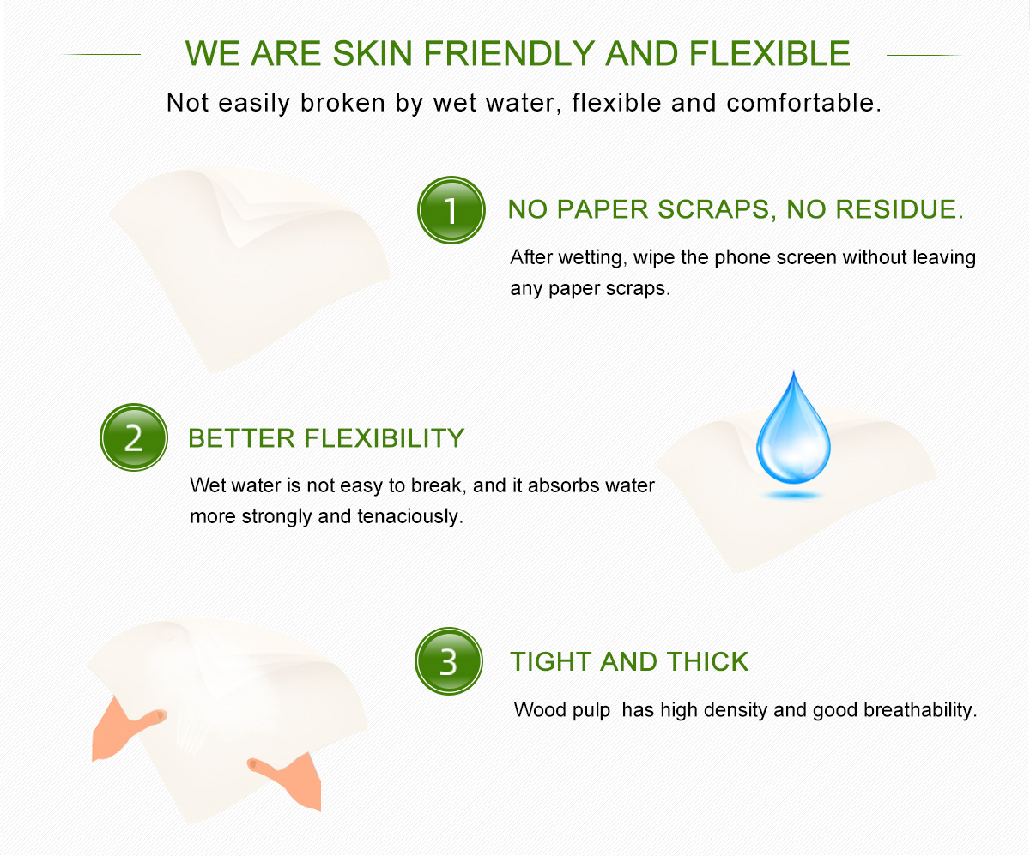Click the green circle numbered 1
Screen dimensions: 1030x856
coord(451,210)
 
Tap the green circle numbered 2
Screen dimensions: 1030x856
coord(134,437)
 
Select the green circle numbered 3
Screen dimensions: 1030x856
coord(449,661)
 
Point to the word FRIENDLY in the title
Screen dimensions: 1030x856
coord(509,53)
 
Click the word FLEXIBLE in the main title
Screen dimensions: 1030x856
coord(770,53)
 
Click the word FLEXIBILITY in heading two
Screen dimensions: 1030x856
coord(385,437)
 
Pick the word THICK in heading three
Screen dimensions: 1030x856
coord(707,661)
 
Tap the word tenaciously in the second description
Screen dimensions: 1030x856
coord(409,516)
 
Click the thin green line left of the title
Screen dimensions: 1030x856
coord(100,54)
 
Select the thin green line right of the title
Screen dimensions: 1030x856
coord(925,55)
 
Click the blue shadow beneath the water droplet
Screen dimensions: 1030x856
coord(793,496)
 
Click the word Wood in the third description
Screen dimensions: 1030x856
coord(540,710)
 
